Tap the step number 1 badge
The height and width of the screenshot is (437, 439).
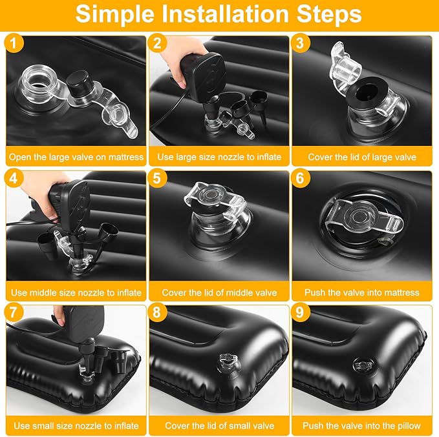click(14, 43)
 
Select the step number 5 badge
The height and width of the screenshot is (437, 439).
click(156, 178)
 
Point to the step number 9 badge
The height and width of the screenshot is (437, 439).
click(300, 312)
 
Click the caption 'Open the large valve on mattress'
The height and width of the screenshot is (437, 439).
click(76, 157)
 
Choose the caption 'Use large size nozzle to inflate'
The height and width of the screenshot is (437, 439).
click(219, 157)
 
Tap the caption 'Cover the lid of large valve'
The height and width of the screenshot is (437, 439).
click(362, 157)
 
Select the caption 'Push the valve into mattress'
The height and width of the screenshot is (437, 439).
click(362, 292)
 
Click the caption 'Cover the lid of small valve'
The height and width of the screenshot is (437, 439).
click(220, 425)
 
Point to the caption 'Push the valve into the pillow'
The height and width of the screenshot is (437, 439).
click(361, 425)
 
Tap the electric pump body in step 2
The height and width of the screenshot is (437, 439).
click(204, 74)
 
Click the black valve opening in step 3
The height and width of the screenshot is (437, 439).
click(367, 92)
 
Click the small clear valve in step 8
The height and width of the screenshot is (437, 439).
click(228, 362)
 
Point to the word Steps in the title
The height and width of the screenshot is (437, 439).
click(329, 15)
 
